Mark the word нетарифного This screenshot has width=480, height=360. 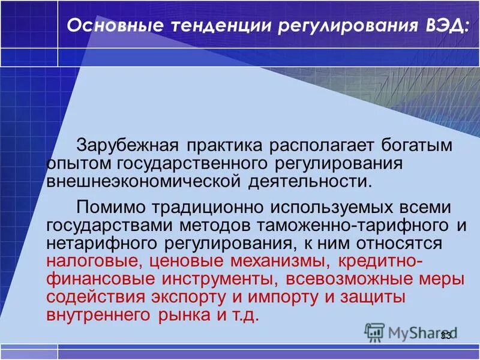[102, 244]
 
